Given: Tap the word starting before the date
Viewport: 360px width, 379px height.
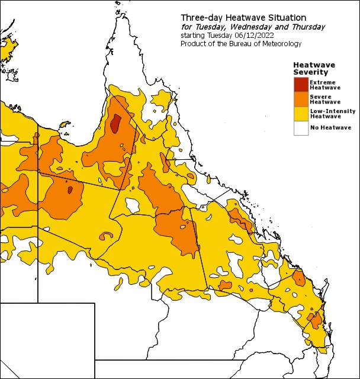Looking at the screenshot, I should [x=192, y=36].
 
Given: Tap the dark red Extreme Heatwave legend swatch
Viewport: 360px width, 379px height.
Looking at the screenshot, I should [x=301, y=84].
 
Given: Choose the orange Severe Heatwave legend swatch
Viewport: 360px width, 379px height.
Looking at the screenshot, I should [x=301, y=98].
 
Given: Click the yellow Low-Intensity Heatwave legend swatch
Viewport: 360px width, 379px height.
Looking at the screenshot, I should [x=301, y=113].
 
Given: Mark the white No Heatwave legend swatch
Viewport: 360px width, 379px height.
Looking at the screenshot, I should [x=301, y=127].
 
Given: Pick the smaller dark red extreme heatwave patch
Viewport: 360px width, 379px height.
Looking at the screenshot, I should [x=70, y=190].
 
